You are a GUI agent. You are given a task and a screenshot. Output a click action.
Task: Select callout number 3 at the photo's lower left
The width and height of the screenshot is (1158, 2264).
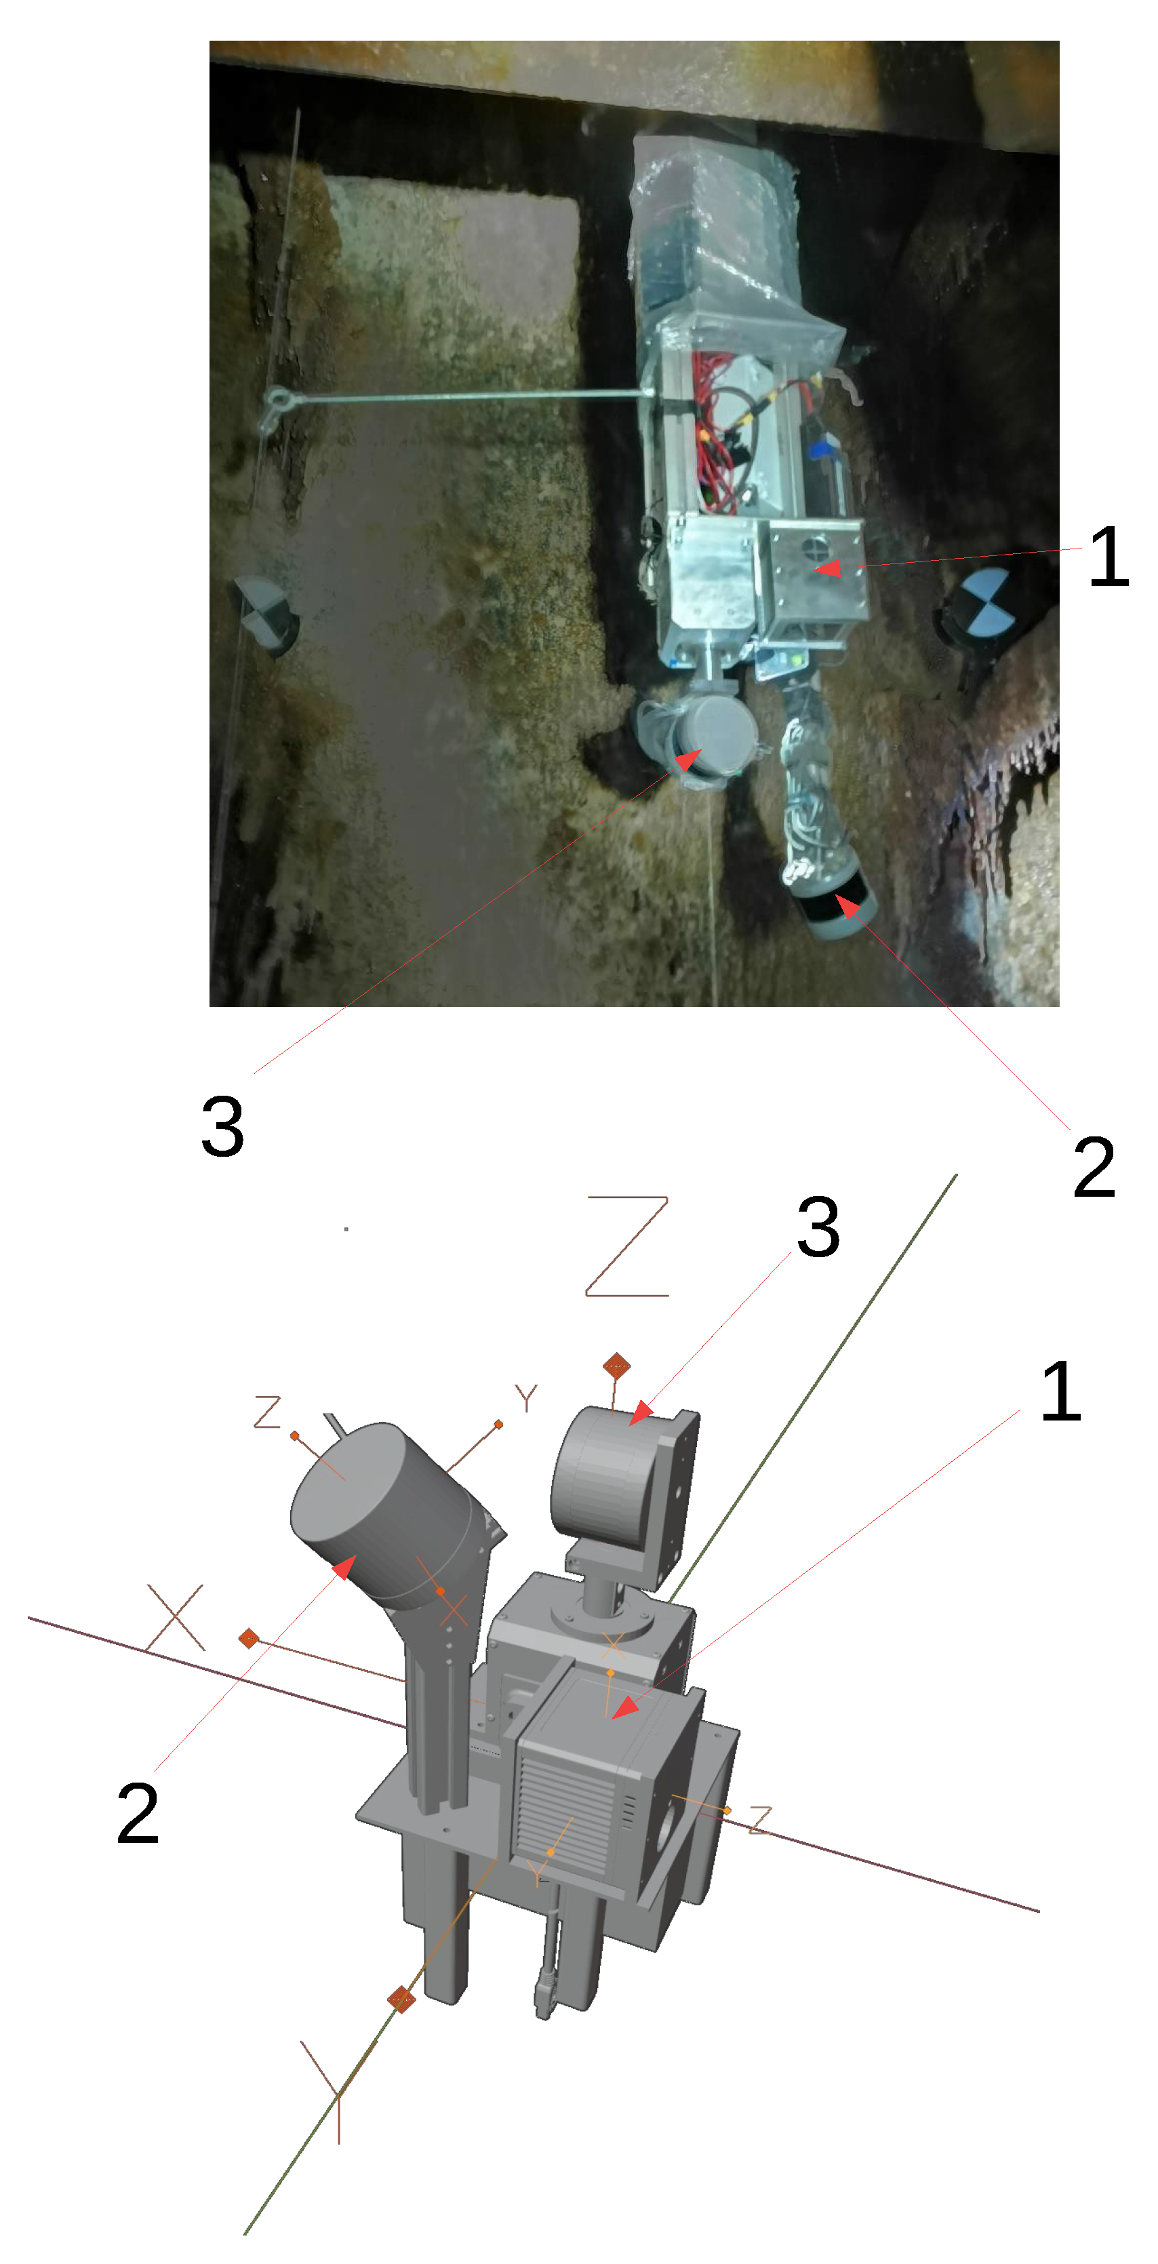(x=222, y=1127)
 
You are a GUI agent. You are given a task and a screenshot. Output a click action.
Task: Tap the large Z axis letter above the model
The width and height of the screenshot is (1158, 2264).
(x=627, y=1246)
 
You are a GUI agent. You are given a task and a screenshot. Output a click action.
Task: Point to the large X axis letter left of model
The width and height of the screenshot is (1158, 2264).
(x=176, y=1618)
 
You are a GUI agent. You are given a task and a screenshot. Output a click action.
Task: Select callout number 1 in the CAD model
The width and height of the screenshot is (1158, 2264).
(x=1060, y=1391)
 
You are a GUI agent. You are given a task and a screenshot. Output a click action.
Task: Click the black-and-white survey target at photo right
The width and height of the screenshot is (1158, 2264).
(x=986, y=602)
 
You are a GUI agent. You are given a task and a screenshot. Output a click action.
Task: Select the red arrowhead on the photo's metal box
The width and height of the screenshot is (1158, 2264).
(x=828, y=569)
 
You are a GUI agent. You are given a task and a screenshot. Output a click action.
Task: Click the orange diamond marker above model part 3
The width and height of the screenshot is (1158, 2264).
(x=617, y=1365)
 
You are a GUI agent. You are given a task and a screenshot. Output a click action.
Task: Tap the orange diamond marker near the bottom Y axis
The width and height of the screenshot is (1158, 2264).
(x=401, y=1999)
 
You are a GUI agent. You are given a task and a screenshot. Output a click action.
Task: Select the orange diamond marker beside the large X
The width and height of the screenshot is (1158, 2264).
(x=249, y=1638)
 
